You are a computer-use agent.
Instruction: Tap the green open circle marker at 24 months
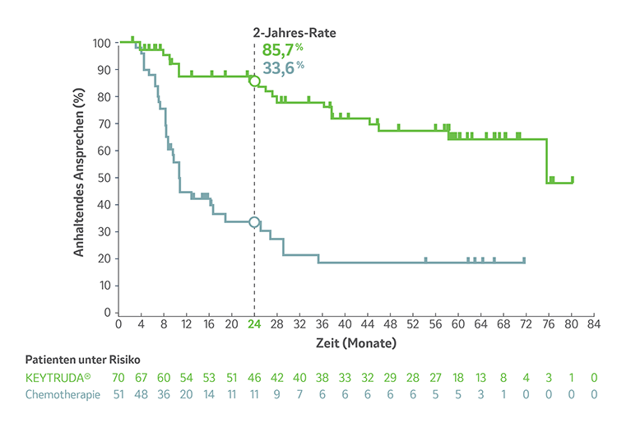pos(254,81)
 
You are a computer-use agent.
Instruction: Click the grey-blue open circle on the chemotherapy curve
pos(254,222)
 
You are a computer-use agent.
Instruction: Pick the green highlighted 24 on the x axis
pos(254,325)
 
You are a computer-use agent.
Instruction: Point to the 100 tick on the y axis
pos(102,43)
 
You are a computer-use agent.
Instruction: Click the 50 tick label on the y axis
pos(104,178)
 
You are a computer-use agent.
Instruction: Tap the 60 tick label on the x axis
pos(458,325)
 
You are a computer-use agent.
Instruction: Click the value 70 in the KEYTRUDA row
pos(119,377)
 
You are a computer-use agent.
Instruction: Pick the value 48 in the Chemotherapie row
pos(142,393)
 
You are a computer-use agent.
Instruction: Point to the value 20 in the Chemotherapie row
pos(187,393)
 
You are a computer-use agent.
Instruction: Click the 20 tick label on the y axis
pos(104,258)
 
